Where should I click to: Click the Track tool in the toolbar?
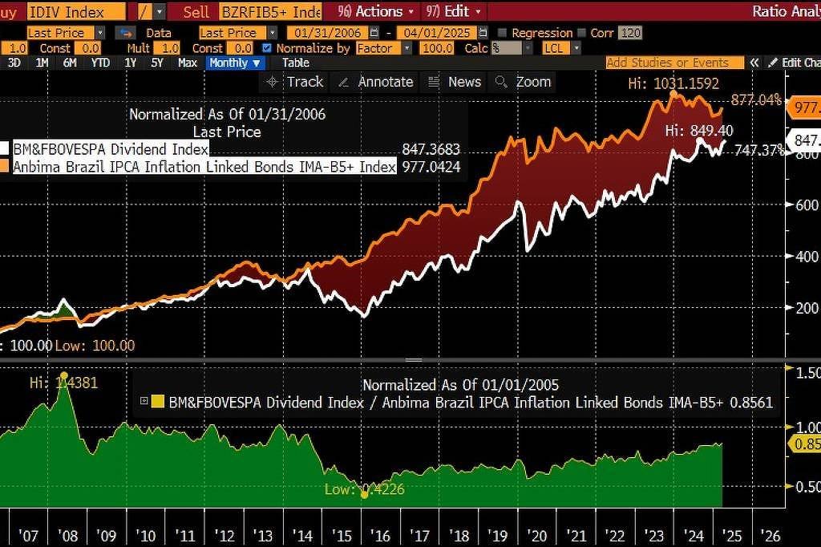click(295, 82)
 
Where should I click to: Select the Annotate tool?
click(376, 82)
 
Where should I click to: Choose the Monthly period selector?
click(235, 63)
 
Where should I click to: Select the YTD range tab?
click(100, 63)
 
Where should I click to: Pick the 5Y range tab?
click(156, 63)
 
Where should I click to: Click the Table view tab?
click(295, 63)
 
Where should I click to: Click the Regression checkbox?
click(502, 33)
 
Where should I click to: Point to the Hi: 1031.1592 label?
click(673, 83)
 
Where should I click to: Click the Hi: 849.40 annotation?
click(699, 131)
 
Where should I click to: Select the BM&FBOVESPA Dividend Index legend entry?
click(111, 149)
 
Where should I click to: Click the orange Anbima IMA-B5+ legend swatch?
click(5, 166)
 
